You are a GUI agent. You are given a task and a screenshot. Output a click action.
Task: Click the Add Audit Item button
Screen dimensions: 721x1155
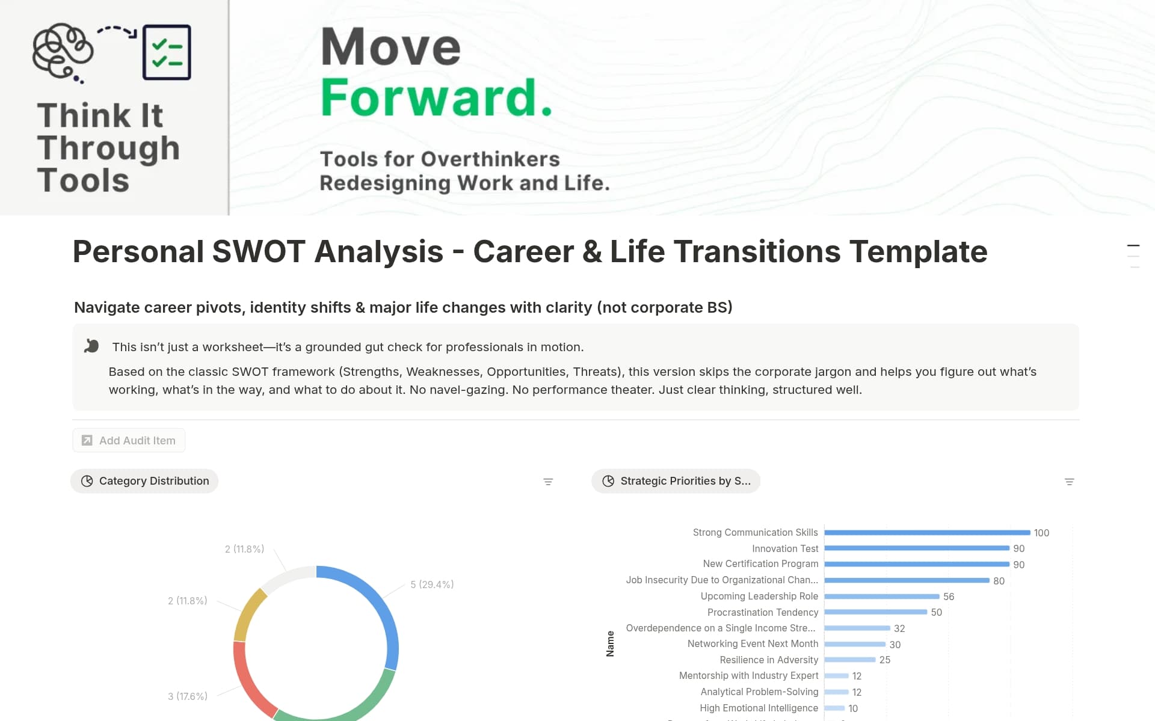[129, 440]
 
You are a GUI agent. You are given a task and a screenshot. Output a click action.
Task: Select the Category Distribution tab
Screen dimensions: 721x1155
[144, 481]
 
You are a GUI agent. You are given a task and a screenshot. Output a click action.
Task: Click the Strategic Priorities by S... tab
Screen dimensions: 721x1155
[676, 481]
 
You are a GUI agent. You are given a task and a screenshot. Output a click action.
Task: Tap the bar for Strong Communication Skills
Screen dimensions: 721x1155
[926, 533]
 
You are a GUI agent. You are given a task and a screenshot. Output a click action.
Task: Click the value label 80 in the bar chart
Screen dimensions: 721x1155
[999, 581]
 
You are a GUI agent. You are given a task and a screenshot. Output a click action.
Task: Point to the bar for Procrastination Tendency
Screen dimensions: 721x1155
[875, 612]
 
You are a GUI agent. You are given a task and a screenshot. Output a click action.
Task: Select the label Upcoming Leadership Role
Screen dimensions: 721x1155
[759, 596]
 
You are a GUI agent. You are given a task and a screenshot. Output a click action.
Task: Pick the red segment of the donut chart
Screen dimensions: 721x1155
[247, 680]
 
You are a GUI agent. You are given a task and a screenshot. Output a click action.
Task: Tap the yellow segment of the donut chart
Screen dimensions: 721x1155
[249, 613]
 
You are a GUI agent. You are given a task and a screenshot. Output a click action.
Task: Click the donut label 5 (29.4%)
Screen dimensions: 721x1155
[432, 584]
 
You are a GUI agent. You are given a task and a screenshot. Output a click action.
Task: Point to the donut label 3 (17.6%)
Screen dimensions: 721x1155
[188, 696]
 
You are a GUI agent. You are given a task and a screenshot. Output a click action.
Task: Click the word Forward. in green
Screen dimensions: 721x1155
[436, 97]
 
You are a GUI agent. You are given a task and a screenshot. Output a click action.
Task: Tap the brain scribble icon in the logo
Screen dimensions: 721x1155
[63, 52]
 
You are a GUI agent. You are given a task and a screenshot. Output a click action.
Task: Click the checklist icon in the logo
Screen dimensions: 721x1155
[167, 52]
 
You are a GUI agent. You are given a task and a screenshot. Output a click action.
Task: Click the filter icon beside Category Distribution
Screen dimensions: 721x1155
[548, 482]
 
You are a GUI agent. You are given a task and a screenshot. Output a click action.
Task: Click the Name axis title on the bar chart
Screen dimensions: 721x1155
[610, 643]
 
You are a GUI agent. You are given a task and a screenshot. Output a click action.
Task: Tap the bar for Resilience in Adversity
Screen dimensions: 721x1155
[849, 660]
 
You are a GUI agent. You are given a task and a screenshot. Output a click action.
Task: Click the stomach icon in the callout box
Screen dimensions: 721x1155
[91, 346]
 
